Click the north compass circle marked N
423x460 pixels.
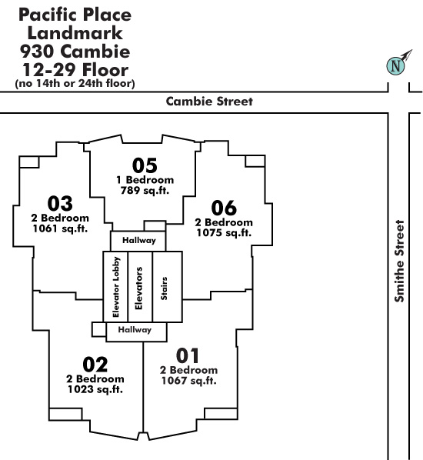[395, 65]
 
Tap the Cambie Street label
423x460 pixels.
[209, 102]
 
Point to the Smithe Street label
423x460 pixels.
[399, 261]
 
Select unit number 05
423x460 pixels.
[145, 165]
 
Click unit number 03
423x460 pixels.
[60, 203]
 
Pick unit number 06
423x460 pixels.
[224, 208]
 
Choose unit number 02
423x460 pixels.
[95, 365]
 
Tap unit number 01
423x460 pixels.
[188, 355]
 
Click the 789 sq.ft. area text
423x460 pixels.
[145, 191]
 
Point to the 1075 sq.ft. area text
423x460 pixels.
[224, 232]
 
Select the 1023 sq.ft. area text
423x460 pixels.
[95, 389]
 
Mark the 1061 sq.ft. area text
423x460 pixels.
[60, 228]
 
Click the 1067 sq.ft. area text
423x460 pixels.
[189, 381]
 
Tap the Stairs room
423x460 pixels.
[168, 287]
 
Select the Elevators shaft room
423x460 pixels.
[140, 287]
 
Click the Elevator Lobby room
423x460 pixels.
[115, 287]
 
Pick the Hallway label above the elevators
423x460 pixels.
[139, 240]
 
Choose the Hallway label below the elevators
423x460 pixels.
[135, 329]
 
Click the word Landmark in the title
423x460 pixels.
[75, 33]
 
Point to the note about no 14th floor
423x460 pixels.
[75, 83]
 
